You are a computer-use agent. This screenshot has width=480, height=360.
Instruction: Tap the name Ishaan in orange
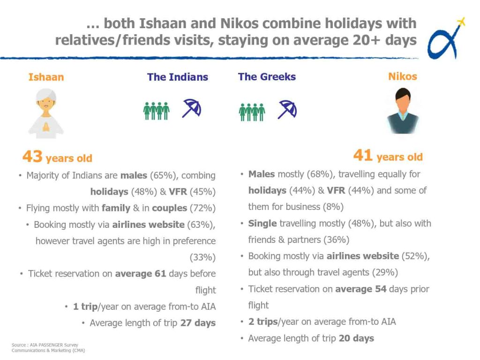(x=46, y=77)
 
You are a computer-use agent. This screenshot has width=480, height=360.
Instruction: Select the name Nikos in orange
(x=403, y=76)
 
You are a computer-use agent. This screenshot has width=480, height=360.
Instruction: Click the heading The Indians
(x=178, y=77)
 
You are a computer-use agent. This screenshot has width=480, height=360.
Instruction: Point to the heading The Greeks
(x=267, y=76)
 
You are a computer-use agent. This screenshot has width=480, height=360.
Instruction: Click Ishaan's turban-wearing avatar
(x=46, y=113)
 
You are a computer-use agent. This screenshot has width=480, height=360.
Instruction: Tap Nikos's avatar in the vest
(x=403, y=111)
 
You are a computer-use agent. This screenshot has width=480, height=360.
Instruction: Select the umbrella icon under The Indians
(x=192, y=108)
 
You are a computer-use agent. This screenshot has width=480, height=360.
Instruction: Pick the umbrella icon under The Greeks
(x=287, y=109)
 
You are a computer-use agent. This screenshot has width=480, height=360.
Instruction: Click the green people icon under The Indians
(x=157, y=111)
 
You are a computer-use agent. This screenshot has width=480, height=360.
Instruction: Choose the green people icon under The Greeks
(x=252, y=112)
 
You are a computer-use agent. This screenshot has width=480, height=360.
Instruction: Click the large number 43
(x=32, y=156)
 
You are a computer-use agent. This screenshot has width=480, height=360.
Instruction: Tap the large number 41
(x=363, y=155)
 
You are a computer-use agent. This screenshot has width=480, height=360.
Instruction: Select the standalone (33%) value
(x=202, y=257)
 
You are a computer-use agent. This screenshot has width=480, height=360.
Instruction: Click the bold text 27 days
(x=198, y=323)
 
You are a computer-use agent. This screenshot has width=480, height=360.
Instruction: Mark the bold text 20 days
(x=356, y=338)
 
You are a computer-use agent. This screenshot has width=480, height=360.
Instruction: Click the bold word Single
(x=262, y=224)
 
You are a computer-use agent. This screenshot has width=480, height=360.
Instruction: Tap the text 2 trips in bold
(x=263, y=322)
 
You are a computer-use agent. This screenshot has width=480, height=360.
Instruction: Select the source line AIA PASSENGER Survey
(x=54, y=345)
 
